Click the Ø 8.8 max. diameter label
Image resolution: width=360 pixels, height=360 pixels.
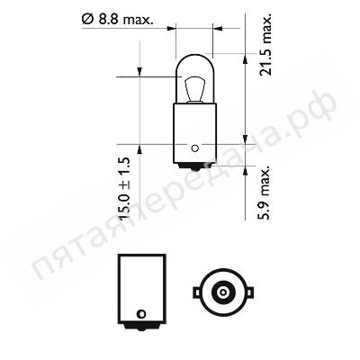pos(117,20)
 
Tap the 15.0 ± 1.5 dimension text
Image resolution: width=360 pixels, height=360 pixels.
pos(125,188)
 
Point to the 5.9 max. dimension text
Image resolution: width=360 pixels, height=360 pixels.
pos(265,193)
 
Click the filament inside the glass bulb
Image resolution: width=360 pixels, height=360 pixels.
pos(194,89)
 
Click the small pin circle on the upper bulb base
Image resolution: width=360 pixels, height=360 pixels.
pos(195,148)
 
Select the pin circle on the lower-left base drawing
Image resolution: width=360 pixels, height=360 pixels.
pos(141,314)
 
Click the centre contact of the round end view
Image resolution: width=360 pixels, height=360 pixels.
pos(223,292)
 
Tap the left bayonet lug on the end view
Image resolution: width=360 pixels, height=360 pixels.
pos(196,292)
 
